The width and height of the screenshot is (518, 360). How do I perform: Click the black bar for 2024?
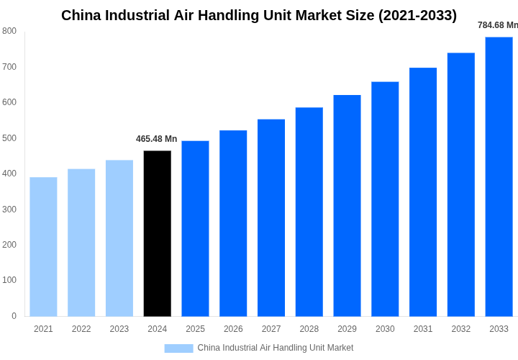pos(158,233)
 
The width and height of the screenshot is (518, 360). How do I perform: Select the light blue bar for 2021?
pos(43,246)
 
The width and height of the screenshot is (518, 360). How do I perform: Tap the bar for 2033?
pos(499,176)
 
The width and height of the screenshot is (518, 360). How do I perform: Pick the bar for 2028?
pos(309,212)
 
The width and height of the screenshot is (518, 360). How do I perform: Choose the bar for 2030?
pos(385,199)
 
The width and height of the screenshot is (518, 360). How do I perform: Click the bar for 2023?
pos(119,238)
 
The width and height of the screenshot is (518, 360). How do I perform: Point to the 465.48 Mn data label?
pos(156,139)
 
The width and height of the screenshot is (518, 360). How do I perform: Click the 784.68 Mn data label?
pos(497,25)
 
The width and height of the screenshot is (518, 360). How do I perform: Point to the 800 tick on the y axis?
pos(9,31)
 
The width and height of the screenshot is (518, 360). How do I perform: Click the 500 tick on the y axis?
pos(9,138)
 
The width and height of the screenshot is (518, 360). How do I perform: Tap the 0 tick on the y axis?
pos(14,316)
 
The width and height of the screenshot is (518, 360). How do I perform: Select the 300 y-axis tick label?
pos(9,210)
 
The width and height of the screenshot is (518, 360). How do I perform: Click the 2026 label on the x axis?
pos(233,329)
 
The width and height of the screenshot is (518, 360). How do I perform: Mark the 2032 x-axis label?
pos(461,329)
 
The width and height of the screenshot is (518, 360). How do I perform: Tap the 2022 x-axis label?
pos(81,329)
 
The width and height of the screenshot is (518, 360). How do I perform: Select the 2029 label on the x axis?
pos(347,329)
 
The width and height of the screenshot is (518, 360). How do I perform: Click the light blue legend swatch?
pos(178,348)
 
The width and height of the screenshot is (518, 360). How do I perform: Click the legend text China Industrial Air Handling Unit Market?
pos(276,348)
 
